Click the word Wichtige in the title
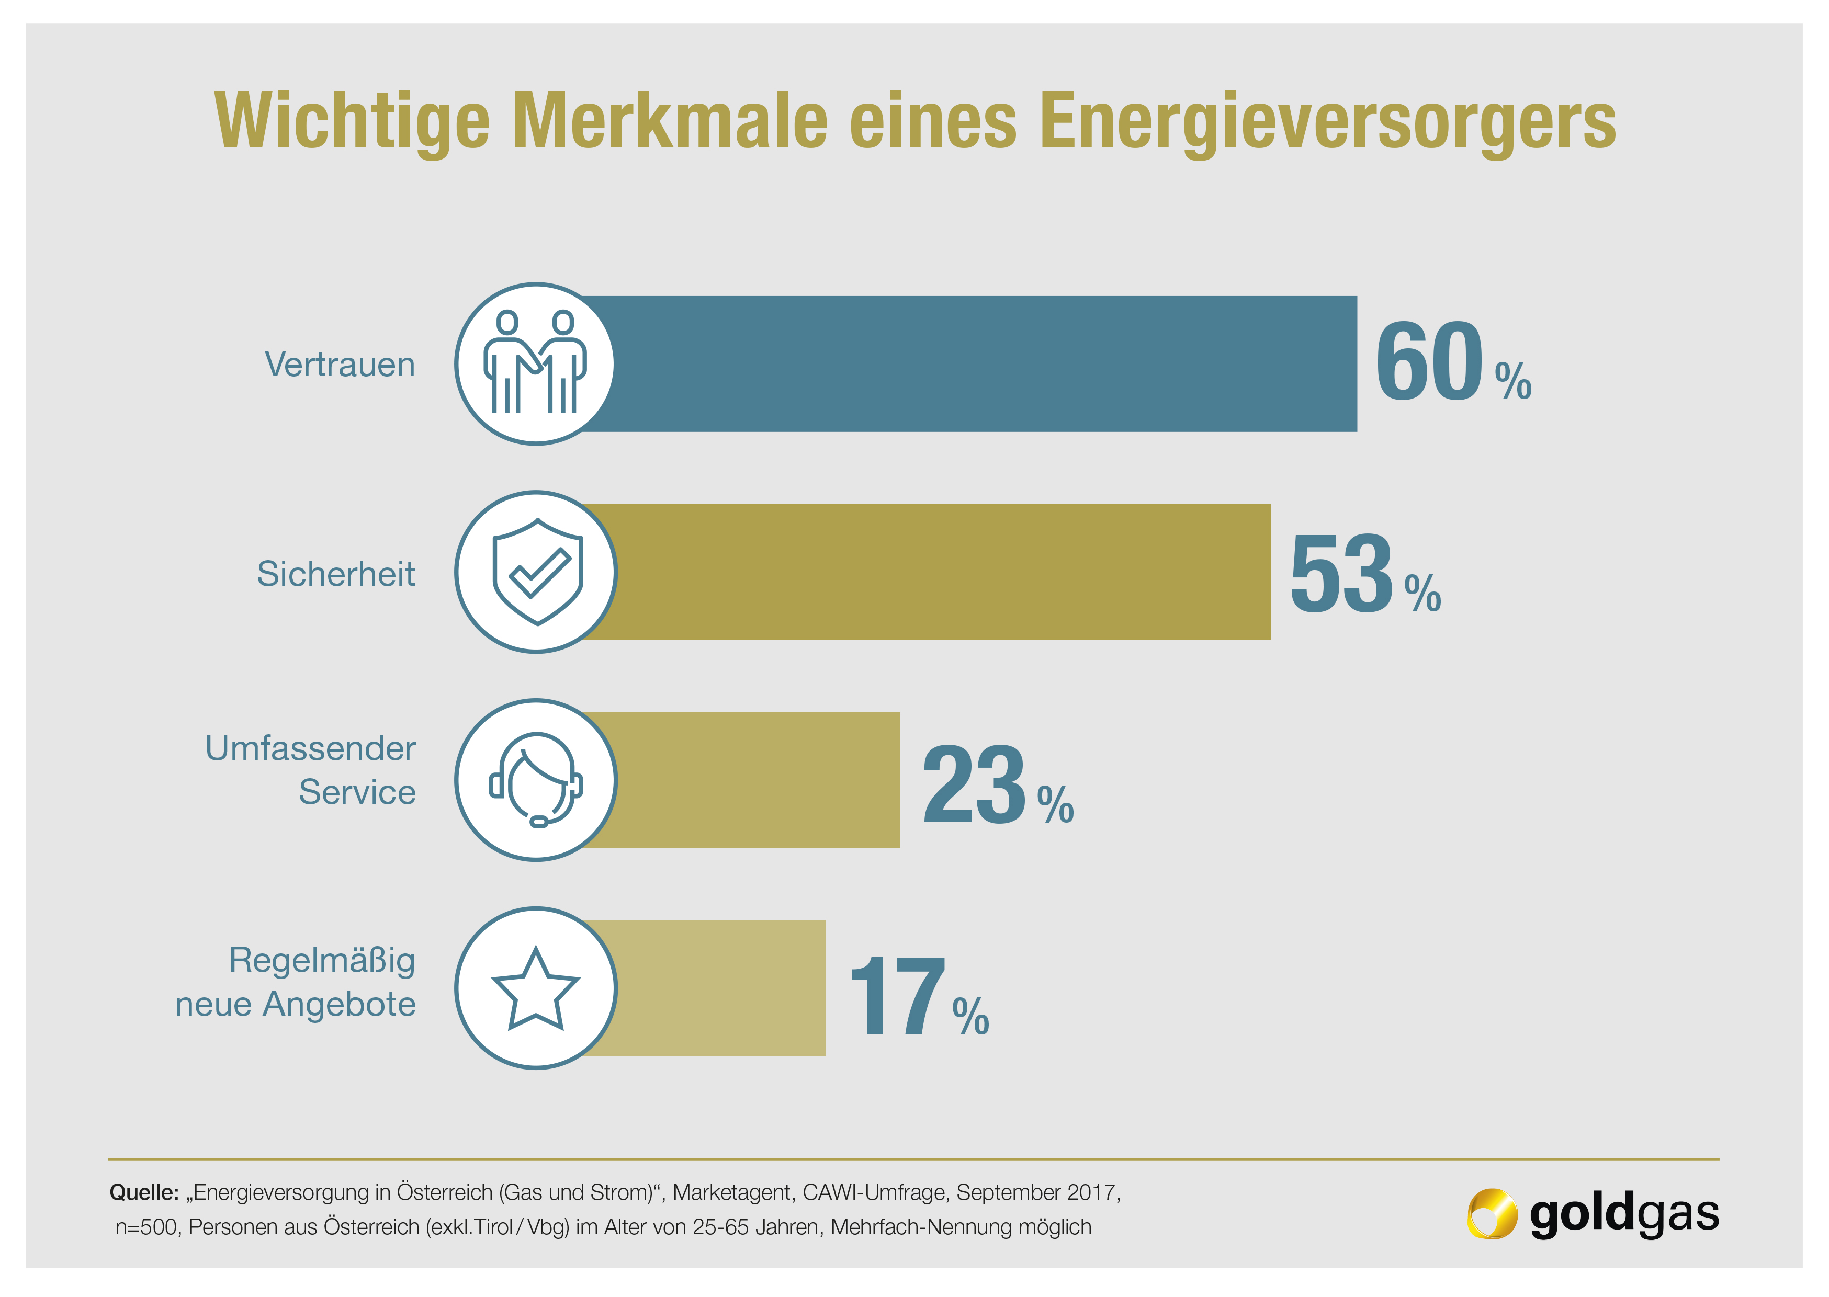coord(352,121)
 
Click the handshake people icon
coord(535,364)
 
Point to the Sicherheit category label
coord(335,573)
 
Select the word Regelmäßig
coord(322,960)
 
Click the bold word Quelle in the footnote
coord(144,1192)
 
